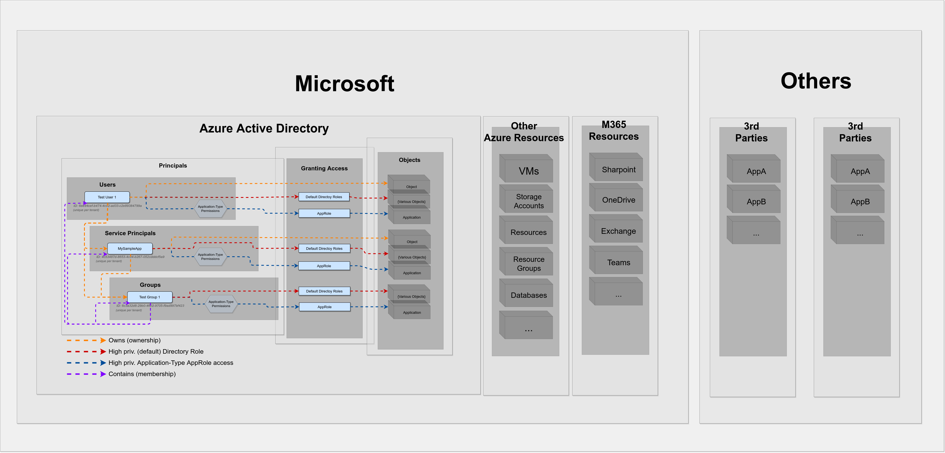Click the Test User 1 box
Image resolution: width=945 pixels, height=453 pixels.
(107, 197)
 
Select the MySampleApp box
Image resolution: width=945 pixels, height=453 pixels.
(130, 248)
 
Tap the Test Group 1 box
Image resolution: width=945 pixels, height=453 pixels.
(149, 297)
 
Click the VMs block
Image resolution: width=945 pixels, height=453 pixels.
(528, 171)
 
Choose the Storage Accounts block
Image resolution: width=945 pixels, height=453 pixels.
(528, 201)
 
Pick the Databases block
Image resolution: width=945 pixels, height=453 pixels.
(528, 295)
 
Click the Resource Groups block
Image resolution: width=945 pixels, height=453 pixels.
(528, 264)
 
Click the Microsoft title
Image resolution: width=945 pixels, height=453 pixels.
(344, 84)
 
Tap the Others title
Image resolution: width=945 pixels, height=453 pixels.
(815, 81)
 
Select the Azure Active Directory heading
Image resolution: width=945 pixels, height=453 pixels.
(264, 128)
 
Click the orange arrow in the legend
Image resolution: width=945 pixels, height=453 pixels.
(103, 340)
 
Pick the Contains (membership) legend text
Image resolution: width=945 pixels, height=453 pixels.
(142, 374)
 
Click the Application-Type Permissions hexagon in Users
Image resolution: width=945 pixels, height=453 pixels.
(210, 209)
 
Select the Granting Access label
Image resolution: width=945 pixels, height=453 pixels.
(324, 168)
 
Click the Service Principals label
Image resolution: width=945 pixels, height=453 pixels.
(130, 233)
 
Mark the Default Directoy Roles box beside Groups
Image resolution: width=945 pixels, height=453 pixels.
(324, 291)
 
